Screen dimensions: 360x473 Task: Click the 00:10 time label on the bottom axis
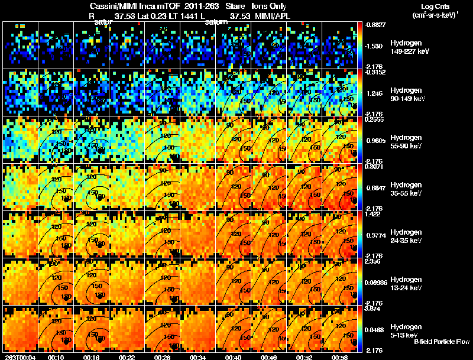tap(56, 356)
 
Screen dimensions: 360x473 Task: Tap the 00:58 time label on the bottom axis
tap(339, 356)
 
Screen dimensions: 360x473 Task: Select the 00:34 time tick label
tap(198, 356)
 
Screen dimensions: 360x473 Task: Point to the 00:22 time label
tap(127, 356)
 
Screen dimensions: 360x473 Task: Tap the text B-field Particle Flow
tap(442, 342)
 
